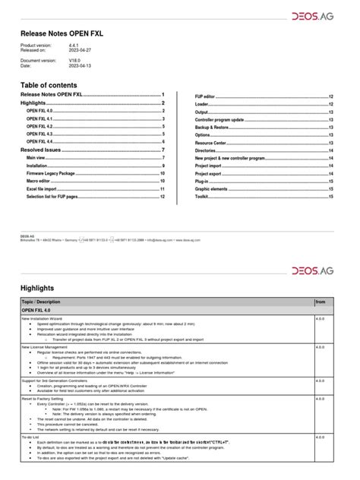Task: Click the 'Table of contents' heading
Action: [54, 84]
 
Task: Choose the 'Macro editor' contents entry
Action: [39, 181]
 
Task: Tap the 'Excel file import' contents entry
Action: [44, 188]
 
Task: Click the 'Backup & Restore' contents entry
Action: [213, 128]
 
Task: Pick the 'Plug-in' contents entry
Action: [203, 181]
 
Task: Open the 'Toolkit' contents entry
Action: [201, 196]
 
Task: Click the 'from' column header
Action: [320, 302]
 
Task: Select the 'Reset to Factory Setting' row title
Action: [46, 396]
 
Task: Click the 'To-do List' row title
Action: [31, 437]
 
